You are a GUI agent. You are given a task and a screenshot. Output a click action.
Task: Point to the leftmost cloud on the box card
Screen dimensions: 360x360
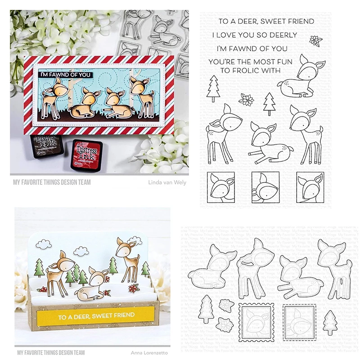(43, 245)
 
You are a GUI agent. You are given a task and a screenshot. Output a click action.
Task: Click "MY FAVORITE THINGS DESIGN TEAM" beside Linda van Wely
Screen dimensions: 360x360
(50, 182)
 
